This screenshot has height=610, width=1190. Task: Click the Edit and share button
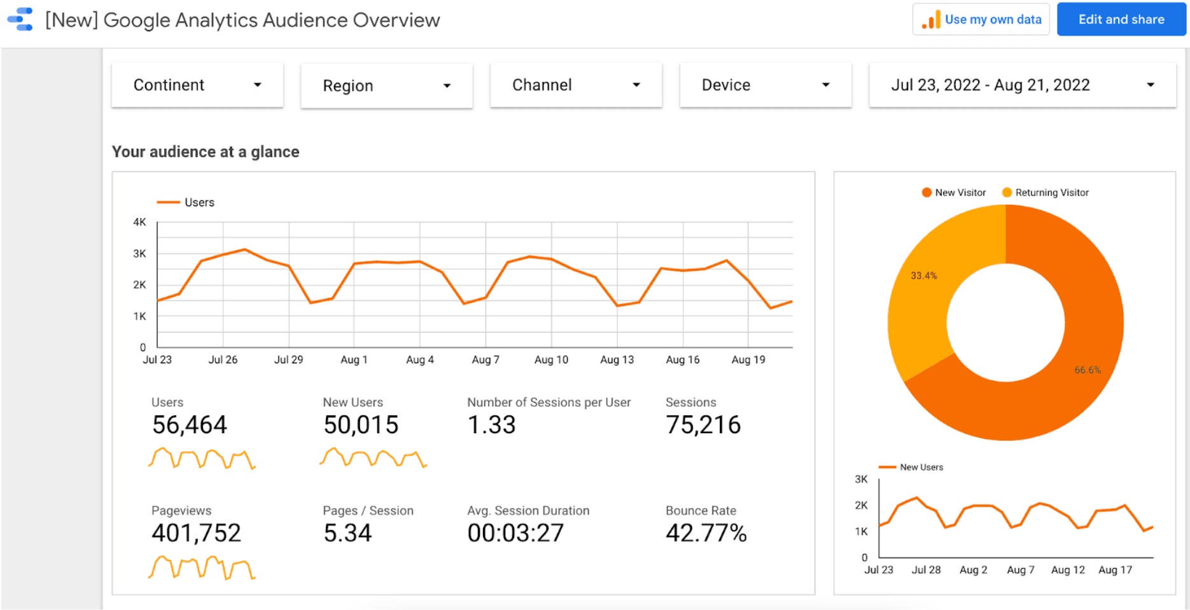1121,19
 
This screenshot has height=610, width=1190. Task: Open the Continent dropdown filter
197,85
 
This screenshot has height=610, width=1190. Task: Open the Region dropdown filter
387,85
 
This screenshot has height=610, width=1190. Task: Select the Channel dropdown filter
576,85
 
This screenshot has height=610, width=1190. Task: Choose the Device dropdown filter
766,85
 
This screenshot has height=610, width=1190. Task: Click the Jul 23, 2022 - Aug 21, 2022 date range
1023,85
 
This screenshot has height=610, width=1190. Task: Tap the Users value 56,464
190,425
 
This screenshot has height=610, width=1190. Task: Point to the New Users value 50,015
361,425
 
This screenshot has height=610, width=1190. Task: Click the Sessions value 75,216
703,425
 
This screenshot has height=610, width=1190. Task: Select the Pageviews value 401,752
197,533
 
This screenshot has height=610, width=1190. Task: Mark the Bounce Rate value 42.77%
706,533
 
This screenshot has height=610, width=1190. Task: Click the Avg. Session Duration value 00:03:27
515,533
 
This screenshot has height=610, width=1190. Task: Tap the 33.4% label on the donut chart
923,275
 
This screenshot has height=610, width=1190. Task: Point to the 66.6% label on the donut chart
1088,370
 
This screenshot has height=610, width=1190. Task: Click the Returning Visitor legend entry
1046,192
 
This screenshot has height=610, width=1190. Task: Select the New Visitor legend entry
954,192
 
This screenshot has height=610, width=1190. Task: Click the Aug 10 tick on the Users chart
551,359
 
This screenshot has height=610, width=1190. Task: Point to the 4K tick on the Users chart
139,222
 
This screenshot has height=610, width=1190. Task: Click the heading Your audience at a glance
206,151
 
